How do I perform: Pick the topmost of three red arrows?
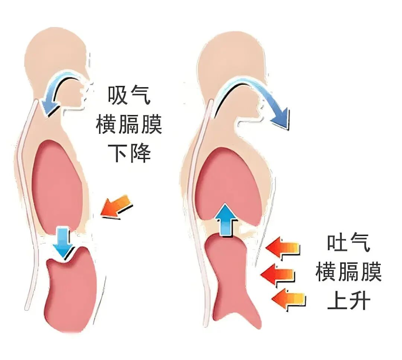click(x=283, y=249)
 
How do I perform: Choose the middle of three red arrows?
click(x=278, y=275)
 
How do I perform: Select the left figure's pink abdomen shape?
click(x=71, y=286)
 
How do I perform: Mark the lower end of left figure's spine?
click(x=27, y=307)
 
